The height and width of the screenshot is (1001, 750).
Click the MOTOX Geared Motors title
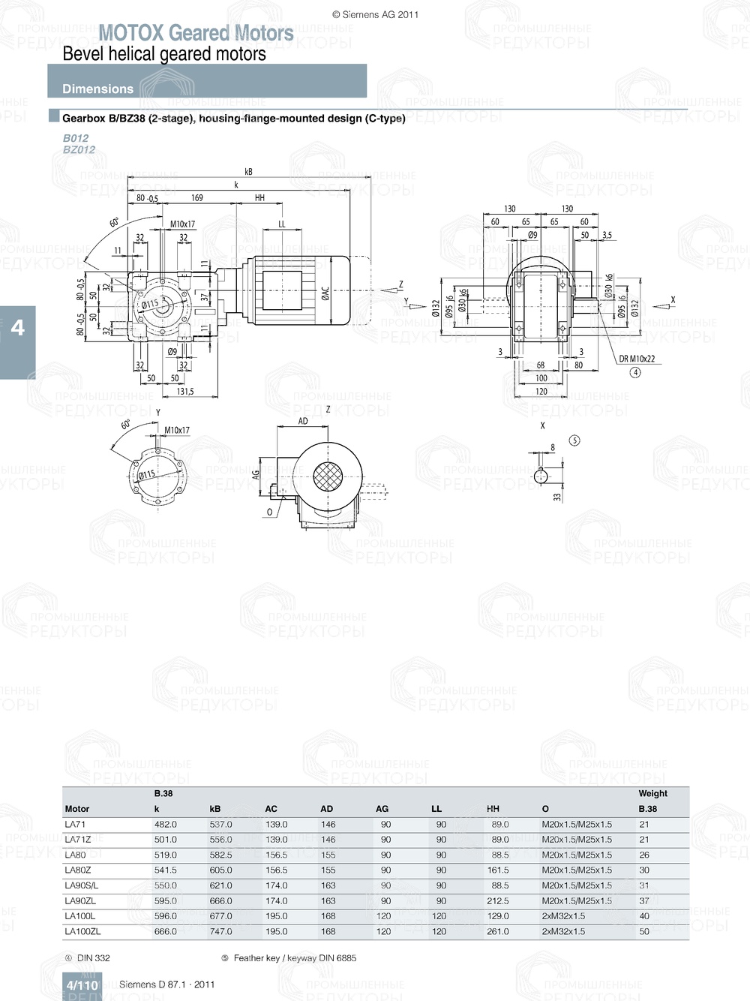point(196,33)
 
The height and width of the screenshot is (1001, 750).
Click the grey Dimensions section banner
point(207,81)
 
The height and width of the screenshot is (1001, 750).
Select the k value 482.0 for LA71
point(165,824)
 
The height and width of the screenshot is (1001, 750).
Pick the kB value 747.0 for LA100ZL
point(220,931)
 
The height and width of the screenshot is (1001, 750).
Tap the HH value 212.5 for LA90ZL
point(497,900)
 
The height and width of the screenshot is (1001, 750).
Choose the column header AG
point(382,809)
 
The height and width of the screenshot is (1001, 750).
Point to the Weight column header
point(652,793)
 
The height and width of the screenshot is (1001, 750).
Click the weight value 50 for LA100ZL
point(644,931)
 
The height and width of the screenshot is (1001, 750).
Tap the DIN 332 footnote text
point(93,958)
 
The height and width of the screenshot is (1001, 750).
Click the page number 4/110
point(82,985)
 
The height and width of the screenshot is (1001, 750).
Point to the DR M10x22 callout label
point(637,359)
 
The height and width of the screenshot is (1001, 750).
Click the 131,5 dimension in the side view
point(185,391)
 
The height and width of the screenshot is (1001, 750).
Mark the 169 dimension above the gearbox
point(196,198)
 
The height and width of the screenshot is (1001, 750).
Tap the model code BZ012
point(79,149)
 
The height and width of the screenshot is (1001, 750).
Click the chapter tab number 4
point(17,328)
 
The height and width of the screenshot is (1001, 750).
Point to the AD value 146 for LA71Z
point(328,840)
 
